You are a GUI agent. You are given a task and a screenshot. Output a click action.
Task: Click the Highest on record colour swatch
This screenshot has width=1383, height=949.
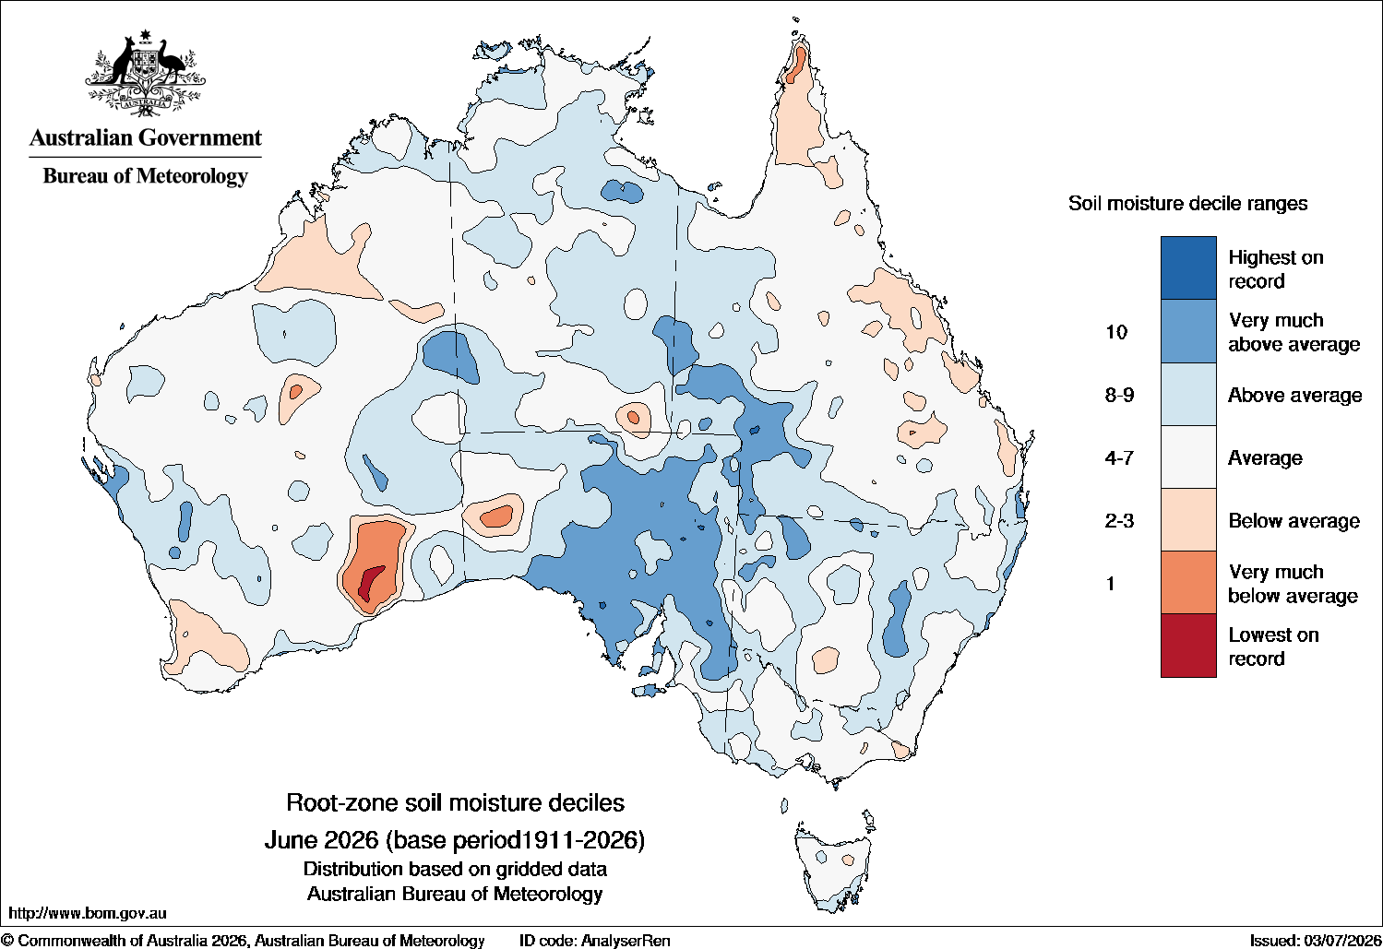click(x=1188, y=267)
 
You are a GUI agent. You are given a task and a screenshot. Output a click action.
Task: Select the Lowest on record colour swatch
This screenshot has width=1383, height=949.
click(x=1188, y=646)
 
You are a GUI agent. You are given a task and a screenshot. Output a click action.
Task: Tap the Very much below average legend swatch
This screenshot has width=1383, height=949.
click(x=1188, y=583)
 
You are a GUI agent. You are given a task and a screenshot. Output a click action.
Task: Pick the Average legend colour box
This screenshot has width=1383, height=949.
click(x=1188, y=457)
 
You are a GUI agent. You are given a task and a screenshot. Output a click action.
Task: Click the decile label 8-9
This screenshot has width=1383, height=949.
click(x=1119, y=395)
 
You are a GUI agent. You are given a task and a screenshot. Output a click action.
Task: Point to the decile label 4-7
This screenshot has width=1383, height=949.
click(x=1119, y=457)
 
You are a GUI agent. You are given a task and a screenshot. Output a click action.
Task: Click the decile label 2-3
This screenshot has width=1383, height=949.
click(x=1119, y=521)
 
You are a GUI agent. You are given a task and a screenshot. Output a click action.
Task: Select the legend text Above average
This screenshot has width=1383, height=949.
click(x=1294, y=395)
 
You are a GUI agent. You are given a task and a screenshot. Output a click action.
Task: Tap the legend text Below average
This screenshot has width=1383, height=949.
click(x=1294, y=521)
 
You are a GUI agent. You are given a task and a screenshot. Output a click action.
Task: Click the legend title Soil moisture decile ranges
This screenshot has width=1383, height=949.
click(x=1188, y=204)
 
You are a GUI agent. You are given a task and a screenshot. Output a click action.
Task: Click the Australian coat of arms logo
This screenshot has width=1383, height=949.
click(x=146, y=73)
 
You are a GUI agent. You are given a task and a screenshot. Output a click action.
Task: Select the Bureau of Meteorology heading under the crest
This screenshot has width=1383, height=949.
click(x=146, y=176)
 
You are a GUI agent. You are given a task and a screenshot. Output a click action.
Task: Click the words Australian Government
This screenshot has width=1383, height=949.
click(x=146, y=137)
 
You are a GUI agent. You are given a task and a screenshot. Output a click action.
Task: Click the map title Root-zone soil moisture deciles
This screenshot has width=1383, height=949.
click(x=455, y=802)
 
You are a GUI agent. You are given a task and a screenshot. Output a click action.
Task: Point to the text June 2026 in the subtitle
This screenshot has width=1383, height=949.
click(x=321, y=840)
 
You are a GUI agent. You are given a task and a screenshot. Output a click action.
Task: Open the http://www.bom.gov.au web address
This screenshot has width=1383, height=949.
click(x=87, y=913)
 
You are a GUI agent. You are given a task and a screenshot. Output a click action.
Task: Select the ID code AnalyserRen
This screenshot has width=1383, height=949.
click(x=625, y=941)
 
